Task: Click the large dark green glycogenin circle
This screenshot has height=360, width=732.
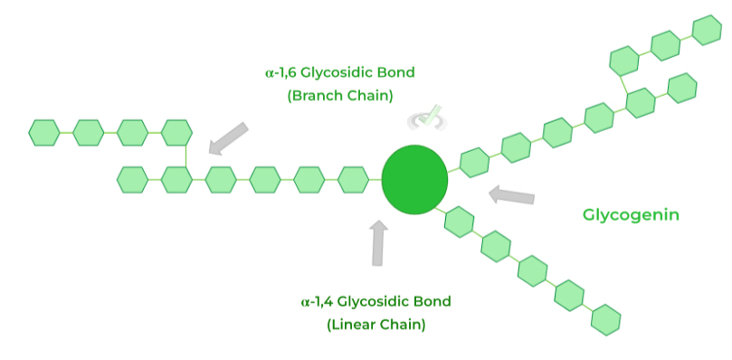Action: point(415,179)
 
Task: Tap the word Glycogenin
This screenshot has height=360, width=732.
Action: point(631,215)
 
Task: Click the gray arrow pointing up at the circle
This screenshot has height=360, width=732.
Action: point(378,242)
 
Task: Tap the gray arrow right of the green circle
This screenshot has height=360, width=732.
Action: point(511,194)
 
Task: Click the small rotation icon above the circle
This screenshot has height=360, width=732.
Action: point(425,118)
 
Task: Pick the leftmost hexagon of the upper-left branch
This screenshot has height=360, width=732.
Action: point(43,132)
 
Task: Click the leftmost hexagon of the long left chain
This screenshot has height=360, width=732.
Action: point(132,179)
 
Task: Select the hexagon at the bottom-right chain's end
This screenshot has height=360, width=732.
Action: point(606,319)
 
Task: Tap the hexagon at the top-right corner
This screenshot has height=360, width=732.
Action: point(706,31)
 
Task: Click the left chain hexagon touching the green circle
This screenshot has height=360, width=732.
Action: point(354,179)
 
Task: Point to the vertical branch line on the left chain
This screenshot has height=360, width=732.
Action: point(185,156)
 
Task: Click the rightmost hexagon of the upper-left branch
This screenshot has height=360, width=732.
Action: point(176,132)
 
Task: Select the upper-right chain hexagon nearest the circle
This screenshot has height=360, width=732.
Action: point(474,162)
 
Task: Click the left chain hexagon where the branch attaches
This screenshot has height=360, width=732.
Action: point(176,179)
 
